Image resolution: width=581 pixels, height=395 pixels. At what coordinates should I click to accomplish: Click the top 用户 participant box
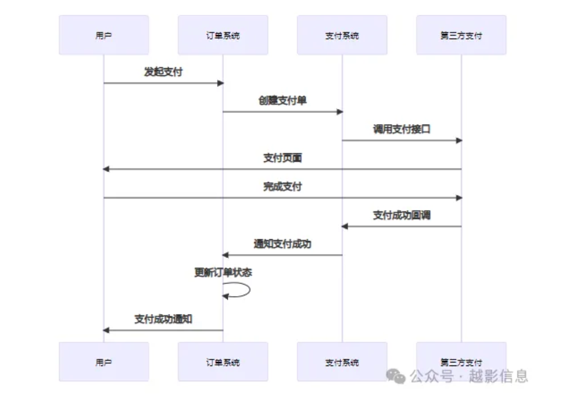pos(103,35)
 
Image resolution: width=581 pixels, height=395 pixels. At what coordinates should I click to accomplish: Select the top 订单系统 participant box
pos(223,35)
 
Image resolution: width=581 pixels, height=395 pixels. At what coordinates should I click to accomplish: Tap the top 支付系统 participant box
pos(342,35)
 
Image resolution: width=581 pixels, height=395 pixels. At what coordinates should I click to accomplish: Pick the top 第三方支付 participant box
pos(461,35)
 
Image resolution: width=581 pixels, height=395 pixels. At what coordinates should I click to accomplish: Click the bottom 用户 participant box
pos(103,362)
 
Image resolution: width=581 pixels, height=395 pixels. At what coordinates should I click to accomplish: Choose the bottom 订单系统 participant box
pos(223,362)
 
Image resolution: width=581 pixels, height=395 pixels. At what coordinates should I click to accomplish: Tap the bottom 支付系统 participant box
pos(342,362)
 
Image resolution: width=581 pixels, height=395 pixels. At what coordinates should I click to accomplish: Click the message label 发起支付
pos(163,72)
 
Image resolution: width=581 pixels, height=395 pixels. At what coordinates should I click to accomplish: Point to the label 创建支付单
pos(282,100)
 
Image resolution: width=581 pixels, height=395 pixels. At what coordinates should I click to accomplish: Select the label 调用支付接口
pos(402,129)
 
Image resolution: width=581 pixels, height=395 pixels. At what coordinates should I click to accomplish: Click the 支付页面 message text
pos(282,158)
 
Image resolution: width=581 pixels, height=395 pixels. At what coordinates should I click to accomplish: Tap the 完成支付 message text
pos(282,186)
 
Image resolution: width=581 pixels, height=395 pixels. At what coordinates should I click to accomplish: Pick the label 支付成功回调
pos(402,215)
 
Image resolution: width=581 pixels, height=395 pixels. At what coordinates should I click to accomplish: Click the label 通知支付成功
pos(282,244)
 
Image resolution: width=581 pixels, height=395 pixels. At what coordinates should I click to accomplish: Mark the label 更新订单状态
pos(223,272)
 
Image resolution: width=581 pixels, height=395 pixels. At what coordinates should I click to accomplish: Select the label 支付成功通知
pos(163,319)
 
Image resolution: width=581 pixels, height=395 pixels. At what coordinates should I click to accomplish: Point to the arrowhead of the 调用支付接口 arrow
pos(459,140)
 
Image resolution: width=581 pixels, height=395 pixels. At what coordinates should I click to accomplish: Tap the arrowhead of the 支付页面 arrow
pos(106,169)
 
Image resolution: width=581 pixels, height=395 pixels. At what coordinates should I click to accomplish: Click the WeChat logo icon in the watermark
pos(395,376)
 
